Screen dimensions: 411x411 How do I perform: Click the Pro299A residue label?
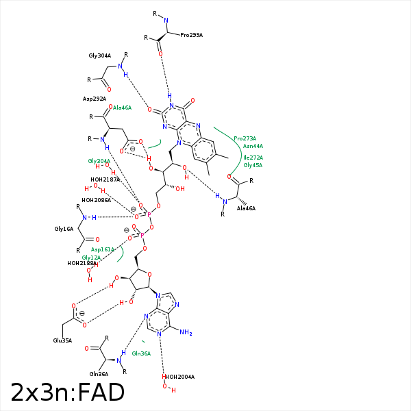(x=191, y=35)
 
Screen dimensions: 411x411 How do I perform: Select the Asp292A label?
(x=95, y=99)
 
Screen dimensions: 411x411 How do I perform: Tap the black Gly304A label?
(x=99, y=55)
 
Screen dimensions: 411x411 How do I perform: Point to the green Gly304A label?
(x=99, y=161)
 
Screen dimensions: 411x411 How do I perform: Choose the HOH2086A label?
(x=96, y=200)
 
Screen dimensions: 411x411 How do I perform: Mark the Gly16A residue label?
(x=64, y=229)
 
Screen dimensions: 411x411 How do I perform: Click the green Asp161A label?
(x=103, y=249)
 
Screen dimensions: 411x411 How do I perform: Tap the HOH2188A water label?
(x=82, y=263)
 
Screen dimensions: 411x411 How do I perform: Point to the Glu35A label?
(x=62, y=340)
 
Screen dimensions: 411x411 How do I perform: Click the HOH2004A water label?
(x=178, y=377)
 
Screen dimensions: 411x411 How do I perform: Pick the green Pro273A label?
(x=245, y=138)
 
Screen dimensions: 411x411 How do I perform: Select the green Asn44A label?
(x=253, y=146)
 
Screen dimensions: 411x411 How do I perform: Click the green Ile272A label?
(x=253, y=158)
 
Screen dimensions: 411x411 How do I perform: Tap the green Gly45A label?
(x=253, y=165)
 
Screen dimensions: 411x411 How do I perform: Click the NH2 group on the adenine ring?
(x=186, y=333)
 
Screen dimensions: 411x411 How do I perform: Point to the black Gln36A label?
(x=99, y=374)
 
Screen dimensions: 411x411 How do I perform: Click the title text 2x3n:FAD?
(x=67, y=393)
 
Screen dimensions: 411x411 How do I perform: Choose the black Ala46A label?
(x=246, y=208)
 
